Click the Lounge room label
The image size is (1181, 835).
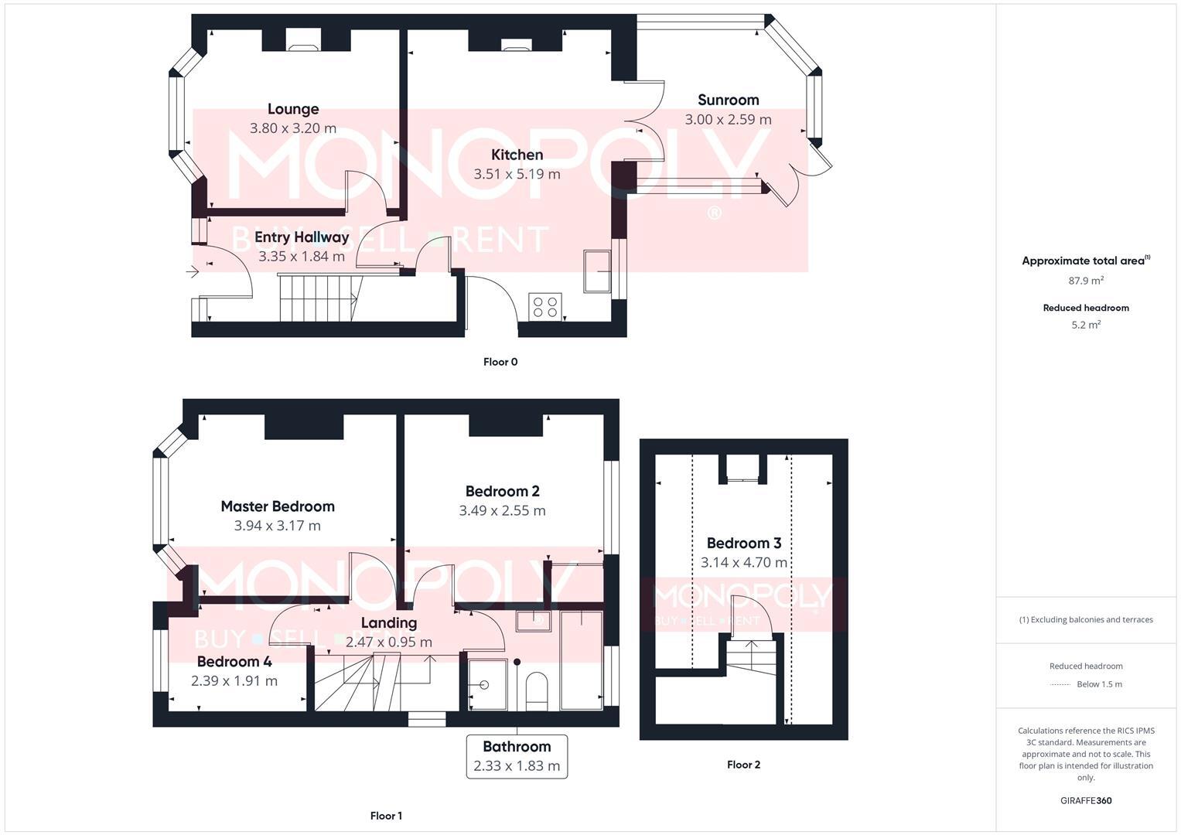[293, 109]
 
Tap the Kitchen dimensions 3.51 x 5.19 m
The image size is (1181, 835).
[517, 174]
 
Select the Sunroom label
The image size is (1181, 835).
[728, 100]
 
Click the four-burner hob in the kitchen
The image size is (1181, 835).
[545, 307]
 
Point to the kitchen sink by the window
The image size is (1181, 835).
[597, 271]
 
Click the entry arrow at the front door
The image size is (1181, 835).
[193, 272]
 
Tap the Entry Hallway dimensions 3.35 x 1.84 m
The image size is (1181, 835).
[302, 257]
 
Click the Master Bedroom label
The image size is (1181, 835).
[278, 506]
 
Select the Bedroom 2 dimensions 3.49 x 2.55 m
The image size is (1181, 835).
[502, 510]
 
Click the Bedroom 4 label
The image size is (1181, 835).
[234, 662]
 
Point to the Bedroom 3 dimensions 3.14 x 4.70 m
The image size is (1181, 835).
[743, 563]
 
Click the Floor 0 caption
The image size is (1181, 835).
[500, 362]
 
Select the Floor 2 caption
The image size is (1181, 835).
[743, 765]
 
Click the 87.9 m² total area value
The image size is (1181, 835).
[1086, 281]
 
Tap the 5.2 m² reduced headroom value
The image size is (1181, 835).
[1086, 325]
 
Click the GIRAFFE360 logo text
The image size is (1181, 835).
[1086, 800]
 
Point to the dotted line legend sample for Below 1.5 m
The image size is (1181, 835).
[1060, 684]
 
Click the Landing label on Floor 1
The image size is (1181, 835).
[389, 622]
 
